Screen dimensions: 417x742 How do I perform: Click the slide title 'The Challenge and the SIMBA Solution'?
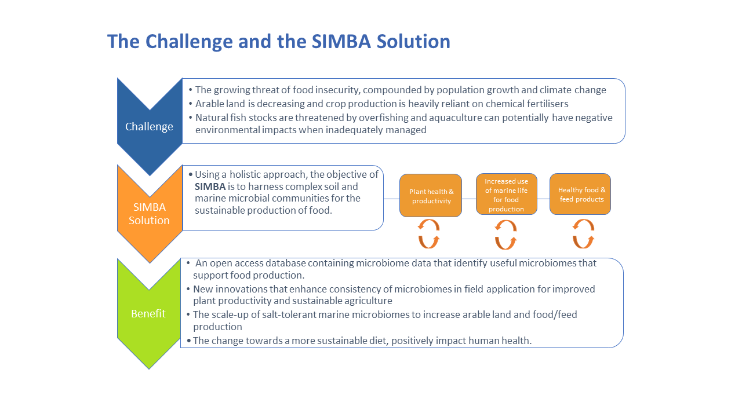coord(278,42)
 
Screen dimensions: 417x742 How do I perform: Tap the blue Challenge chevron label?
coord(149,127)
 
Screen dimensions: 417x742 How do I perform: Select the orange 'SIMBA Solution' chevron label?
coord(149,214)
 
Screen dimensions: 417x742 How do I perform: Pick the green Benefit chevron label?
coord(148,314)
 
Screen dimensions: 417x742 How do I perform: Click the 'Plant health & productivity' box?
coord(431,196)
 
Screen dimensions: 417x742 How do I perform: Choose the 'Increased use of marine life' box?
coord(506,195)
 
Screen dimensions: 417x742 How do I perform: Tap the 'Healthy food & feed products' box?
coord(580,194)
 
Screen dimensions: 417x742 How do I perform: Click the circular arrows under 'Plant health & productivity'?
coord(429,233)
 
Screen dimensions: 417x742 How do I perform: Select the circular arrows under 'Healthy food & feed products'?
coord(583,233)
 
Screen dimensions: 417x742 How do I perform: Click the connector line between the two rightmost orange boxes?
coord(543,199)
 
